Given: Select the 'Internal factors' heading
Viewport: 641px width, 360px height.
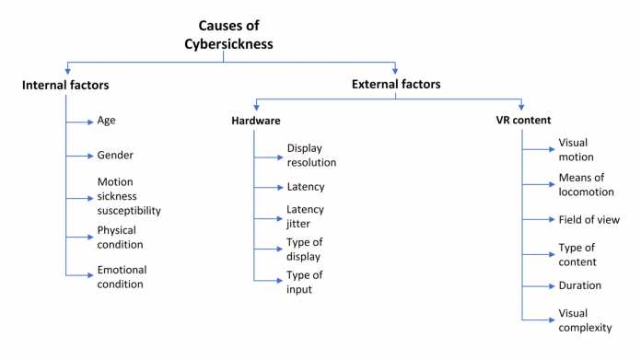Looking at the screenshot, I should point(67,86).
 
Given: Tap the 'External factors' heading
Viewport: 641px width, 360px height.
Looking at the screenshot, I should point(395,85).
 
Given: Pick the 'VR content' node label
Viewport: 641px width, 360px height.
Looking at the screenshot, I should point(522,121).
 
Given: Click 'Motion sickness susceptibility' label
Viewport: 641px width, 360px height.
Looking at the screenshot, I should point(129,196).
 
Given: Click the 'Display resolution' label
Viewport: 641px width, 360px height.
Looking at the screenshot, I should point(311,155).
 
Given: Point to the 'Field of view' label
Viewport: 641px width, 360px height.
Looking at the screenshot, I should point(589,220).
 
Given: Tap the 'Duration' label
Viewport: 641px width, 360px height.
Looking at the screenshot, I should point(580,285).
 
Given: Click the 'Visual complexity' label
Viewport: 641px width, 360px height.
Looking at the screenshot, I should point(584,320).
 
